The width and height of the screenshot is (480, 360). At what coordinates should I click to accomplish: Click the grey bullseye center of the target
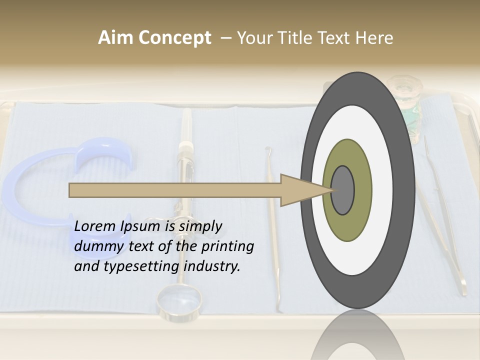pos(343,190)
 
